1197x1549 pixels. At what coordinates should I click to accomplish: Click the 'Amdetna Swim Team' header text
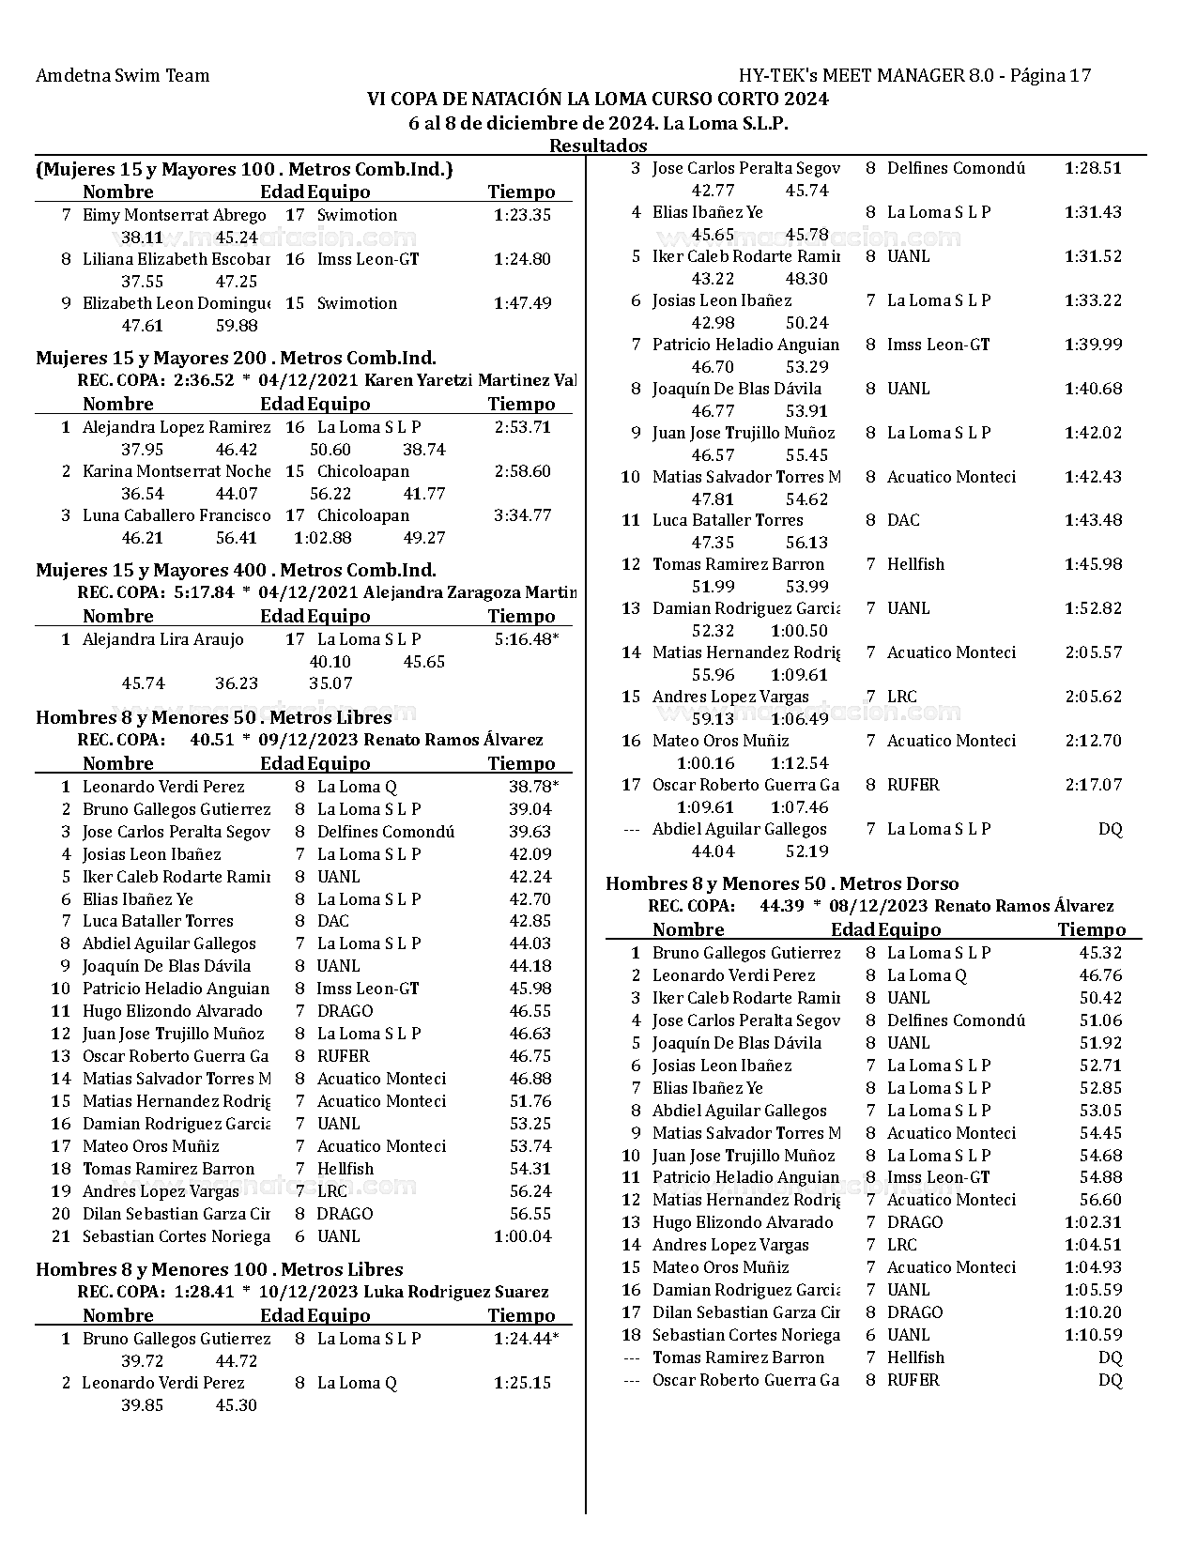click(122, 76)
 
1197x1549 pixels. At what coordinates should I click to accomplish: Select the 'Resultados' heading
click(598, 146)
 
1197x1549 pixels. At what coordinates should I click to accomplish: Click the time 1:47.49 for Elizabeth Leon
click(522, 303)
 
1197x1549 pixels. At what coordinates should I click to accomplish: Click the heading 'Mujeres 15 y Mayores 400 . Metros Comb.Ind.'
click(236, 570)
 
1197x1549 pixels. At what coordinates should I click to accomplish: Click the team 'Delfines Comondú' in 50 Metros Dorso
click(956, 1020)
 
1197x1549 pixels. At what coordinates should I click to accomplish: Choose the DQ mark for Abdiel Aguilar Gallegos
click(1110, 829)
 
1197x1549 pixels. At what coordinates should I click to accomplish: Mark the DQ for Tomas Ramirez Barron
click(1110, 1357)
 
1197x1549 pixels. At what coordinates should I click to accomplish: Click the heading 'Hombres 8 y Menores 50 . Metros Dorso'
click(782, 883)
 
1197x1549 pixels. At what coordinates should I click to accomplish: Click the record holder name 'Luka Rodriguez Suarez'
click(455, 1292)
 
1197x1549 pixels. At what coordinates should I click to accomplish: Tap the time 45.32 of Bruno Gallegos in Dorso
click(1100, 953)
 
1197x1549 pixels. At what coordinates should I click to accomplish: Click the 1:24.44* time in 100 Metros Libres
click(526, 1339)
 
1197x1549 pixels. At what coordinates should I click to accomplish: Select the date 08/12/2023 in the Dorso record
click(879, 906)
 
